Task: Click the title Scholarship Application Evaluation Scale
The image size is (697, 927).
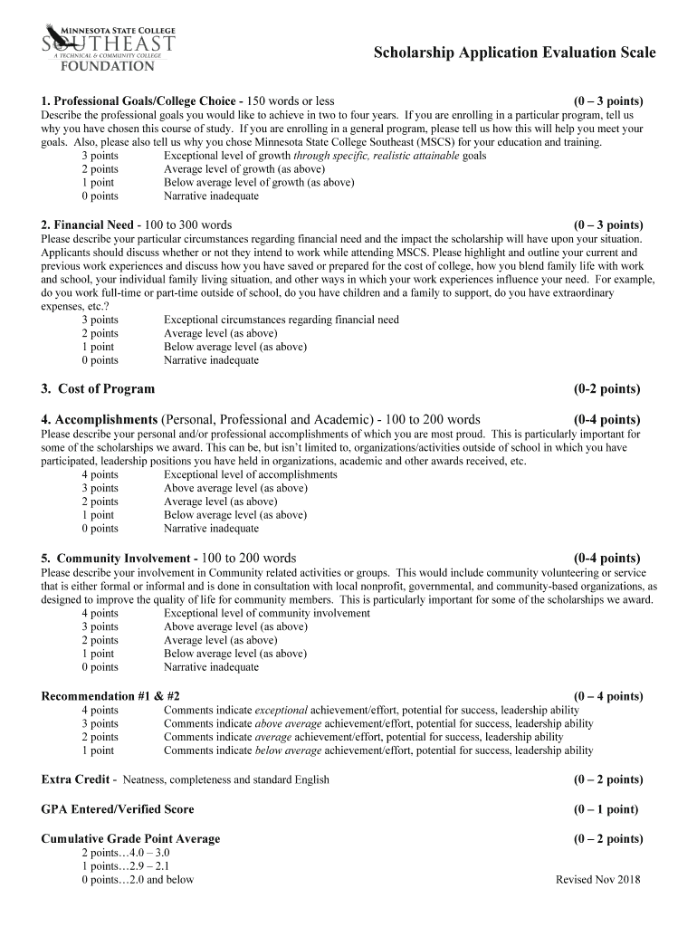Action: pos(515,53)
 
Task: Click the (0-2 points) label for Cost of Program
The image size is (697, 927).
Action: pos(606,389)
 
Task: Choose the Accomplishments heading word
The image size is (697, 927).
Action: pos(106,420)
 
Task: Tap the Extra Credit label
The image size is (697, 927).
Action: pos(76,779)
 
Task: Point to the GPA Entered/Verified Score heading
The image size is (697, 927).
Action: pos(118,809)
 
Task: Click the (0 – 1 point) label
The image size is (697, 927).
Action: pos(606,809)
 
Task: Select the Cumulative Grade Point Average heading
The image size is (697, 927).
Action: pos(130,839)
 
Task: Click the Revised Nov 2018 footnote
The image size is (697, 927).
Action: pos(597,879)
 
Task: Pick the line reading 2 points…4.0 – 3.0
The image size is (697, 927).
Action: pos(126,853)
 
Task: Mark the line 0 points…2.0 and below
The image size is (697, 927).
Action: pos(138,879)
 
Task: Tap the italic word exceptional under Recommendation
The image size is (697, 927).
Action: pos(282,710)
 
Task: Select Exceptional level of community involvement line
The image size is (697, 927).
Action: pos(266,613)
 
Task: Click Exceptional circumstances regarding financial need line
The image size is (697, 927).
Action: pos(281,320)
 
